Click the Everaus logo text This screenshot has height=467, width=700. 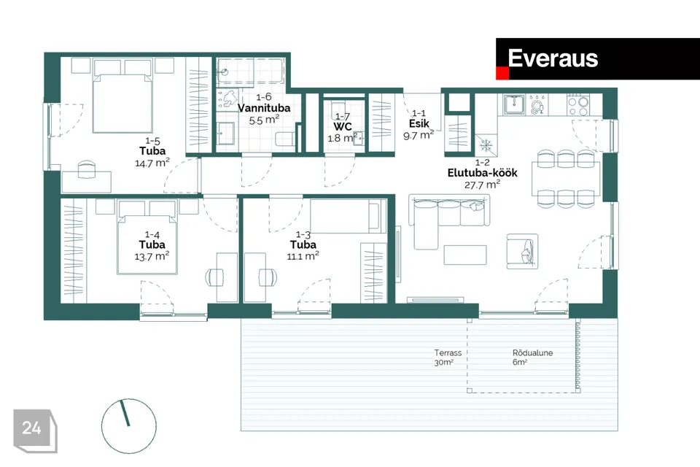553,58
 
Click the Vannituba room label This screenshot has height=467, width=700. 264,108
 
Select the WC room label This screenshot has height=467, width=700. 343,127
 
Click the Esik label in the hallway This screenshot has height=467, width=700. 419,124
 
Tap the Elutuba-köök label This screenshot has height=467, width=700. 482,173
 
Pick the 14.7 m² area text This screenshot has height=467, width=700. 152,163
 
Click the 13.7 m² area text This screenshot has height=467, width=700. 152,257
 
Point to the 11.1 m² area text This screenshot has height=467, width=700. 303,256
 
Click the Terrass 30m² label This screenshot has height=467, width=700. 448,358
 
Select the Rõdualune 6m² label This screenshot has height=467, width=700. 532,358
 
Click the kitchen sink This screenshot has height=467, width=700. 514,105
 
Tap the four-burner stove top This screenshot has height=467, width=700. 577,105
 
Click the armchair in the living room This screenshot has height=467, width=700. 522,251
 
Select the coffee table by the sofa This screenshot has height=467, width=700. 465,255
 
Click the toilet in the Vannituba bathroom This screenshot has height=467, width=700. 285,140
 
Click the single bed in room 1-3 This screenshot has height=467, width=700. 349,216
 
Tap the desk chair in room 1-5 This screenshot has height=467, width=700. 87,169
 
